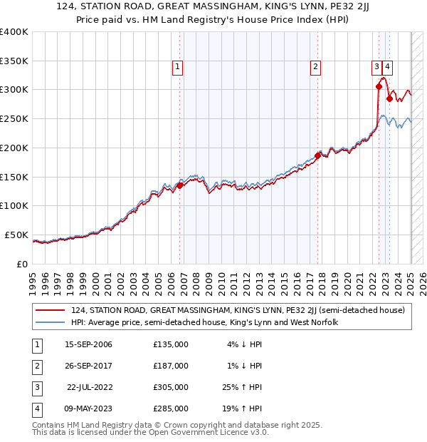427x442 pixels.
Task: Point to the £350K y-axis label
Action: coord(14,61)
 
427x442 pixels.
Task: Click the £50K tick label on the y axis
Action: coord(16,235)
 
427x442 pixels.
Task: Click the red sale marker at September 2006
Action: coord(180,185)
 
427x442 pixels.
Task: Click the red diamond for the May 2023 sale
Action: coord(389,98)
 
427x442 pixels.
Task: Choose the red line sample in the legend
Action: coord(50,310)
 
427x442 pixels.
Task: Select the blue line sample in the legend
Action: coord(50,322)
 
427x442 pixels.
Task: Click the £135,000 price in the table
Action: coord(171,344)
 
